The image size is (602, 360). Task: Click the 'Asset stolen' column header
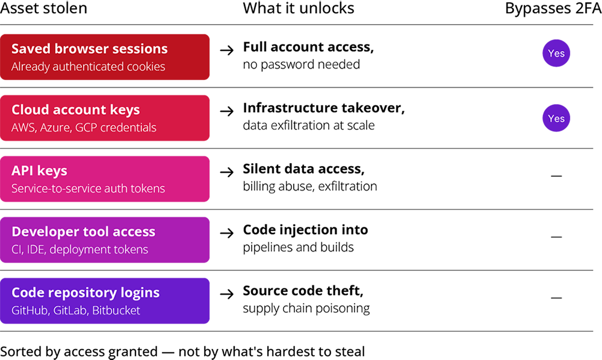(x=44, y=8)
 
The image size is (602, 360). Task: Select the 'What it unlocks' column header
(x=299, y=8)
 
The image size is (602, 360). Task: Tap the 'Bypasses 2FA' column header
(x=553, y=8)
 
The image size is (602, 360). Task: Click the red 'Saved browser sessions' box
(x=105, y=57)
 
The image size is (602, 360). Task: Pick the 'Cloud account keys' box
(x=105, y=118)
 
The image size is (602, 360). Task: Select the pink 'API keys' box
(x=105, y=179)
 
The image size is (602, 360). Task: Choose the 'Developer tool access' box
(x=105, y=240)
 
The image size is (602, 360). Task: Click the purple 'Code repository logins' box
(x=105, y=301)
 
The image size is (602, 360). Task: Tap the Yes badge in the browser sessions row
(x=556, y=53)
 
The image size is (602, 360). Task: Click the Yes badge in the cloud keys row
(x=556, y=118)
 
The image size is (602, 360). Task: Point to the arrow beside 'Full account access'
(x=227, y=50)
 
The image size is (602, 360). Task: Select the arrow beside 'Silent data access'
(x=227, y=172)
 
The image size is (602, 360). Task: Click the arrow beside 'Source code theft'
(x=227, y=294)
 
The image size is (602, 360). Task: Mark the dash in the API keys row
(x=556, y=176)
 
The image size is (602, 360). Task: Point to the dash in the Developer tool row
(x=556, y=237)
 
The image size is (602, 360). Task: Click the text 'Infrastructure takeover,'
(x=324, y=108)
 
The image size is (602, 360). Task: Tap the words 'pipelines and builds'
(x=299, y=247)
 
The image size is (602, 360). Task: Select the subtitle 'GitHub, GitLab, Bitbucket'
(x=76, y=310)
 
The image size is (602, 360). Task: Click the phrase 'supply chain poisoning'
(x=306, y=309)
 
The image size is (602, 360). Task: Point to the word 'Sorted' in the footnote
(x=19, y=352)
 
